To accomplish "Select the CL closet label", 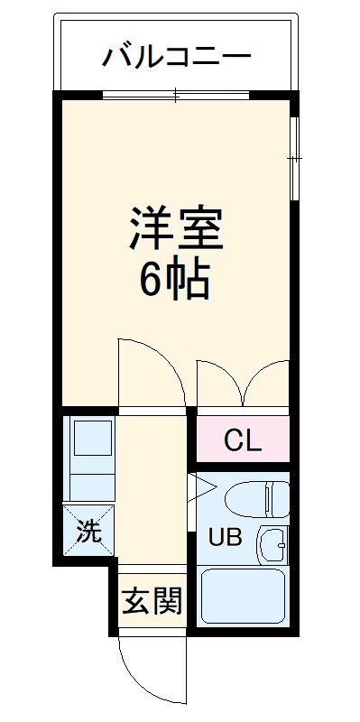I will click(x=242, y=441).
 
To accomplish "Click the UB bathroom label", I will click(x=226, y=537).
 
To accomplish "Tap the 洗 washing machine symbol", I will click(x=88, y=532).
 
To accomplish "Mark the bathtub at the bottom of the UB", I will click(x=242, y=596).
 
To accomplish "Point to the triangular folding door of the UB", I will click(x=200, y=491).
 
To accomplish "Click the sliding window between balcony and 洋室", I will click(x=176, y=94).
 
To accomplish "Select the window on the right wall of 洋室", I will click(x=294, y=158).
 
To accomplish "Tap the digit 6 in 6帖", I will click(x=151, y=281).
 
